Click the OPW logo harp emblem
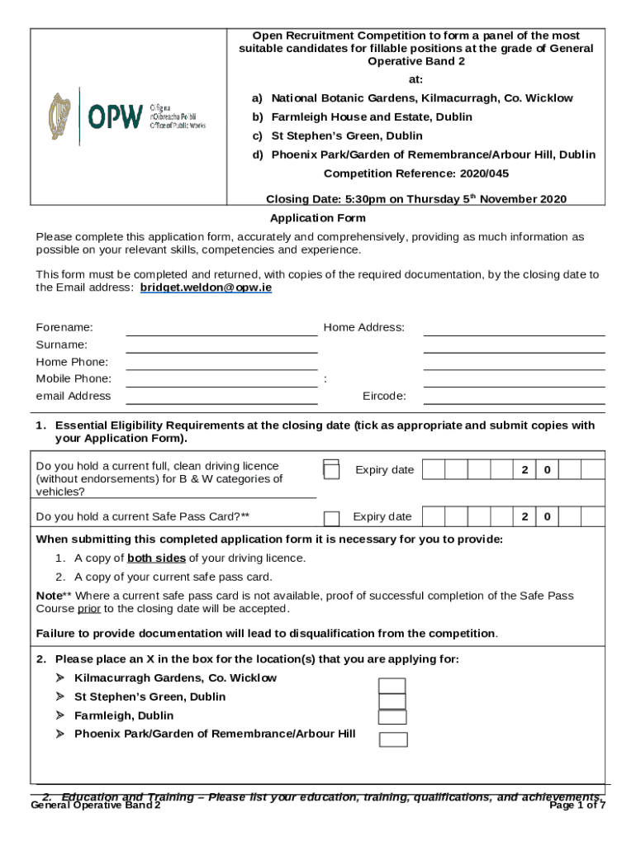tap(60, 116)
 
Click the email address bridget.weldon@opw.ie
tap(206, 288)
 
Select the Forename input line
tap(221, 330)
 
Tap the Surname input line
tap(221, 346)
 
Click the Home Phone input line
tap(221, 364)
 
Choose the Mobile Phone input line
tap(221, 381)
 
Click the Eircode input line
tap(514, 397)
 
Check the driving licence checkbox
tap(331, 470)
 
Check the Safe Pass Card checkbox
tap(331, 518)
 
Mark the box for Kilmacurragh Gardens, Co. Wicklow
tap(392, 686)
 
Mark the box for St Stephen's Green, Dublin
tap(392, 701)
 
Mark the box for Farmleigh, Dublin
tap(392, 717)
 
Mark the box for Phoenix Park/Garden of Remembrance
tap(393, 739)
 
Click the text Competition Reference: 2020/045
tap(416, 173)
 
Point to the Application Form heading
tap(318, 218)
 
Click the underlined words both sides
tap(156, 558)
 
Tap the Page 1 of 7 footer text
tap(577, 806)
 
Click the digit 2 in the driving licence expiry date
tap(524, 470)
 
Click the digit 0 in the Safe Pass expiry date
tap(547, 517)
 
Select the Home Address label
tap(364, 327)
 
